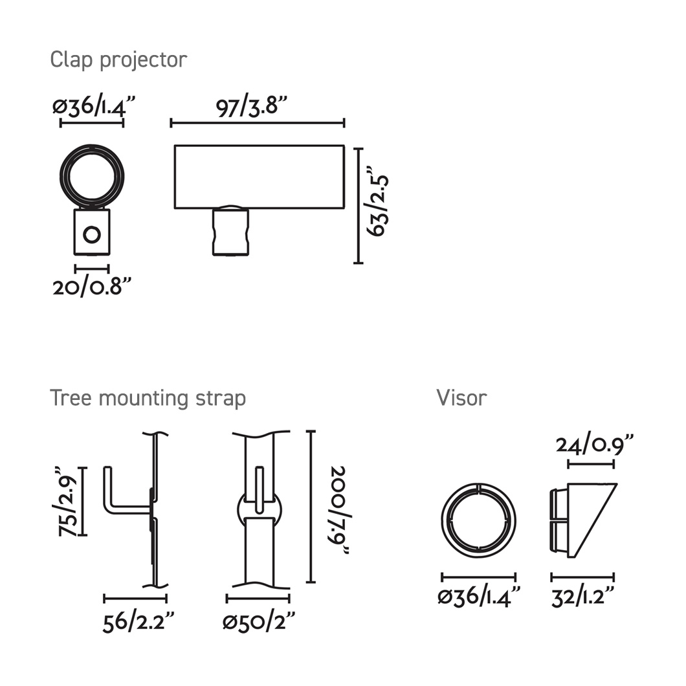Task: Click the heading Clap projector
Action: (118, 60)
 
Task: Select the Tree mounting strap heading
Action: (148, 399)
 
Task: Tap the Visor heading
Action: (461, 398)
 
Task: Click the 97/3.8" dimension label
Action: (252, 107)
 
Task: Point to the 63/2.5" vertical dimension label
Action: (377, 201)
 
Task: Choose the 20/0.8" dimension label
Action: (92, 287)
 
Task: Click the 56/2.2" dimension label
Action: (138, 622)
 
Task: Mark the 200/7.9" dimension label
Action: (340, 510)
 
